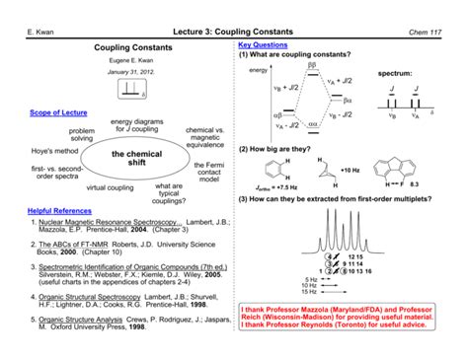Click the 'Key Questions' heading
point(264,46)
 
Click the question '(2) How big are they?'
point(281,146)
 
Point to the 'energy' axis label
point(259,72)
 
